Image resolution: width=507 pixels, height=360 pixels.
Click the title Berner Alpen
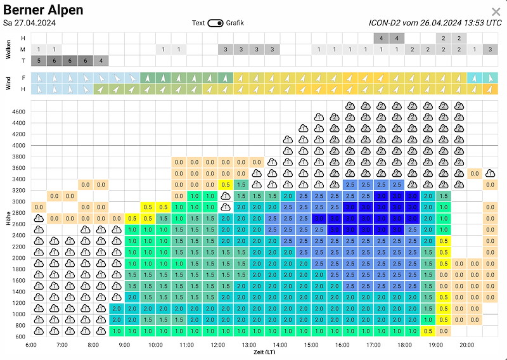click(x=43, y=10)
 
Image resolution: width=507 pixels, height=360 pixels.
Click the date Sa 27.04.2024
click(x=30, y=23)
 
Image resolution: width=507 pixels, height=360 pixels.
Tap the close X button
click(x=496, y=12)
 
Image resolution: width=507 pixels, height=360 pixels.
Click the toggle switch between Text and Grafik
click(x=215, y=23)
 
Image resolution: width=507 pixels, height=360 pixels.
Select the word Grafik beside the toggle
click(x=234, y=23)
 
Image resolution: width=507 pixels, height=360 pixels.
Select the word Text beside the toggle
click(x=198, y=23)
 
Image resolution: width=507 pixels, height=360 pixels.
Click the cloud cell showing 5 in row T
click(x=39, y=61)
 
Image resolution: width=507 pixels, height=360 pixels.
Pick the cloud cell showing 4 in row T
click(x=101, y=61)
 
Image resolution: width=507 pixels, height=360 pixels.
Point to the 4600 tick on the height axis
click(x=18, y=112)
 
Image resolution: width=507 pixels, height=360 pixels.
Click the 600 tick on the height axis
click(x=20, y=337)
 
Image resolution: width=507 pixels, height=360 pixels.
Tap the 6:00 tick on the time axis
click(x=31, y=345)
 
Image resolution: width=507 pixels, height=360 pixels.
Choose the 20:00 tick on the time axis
click(x=466, y=345)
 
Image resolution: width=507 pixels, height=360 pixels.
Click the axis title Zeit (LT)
click(x=264, y=352)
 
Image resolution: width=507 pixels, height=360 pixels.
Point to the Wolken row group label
click(x=8, y=49)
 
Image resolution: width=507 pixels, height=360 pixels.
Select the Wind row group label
click(x=8, y=83)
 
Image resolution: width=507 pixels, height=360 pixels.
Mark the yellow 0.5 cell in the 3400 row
click(x=225, y=184)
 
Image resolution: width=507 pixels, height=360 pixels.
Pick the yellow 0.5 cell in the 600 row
click(x=428, y=331)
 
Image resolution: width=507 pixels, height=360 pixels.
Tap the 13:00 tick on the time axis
click(x=248, y=345)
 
